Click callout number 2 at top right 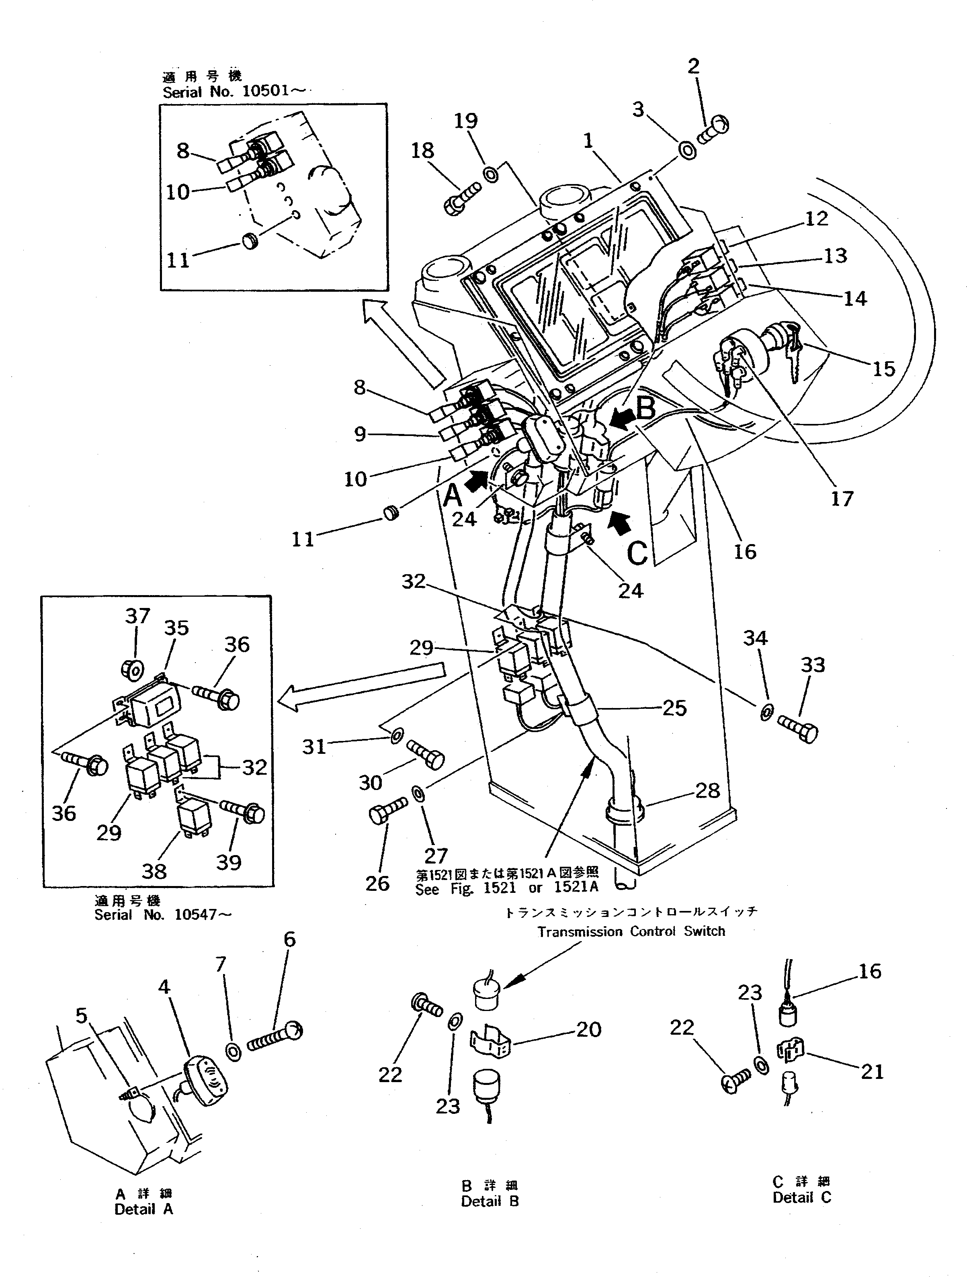pyautogui.click(x=693, y=66)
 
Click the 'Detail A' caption pyautogui.click(x=144, y=1209)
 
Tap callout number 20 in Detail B pyautogui.click(x=588, y=1029)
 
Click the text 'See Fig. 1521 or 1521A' pyautogui.click(x=507, y=889)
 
